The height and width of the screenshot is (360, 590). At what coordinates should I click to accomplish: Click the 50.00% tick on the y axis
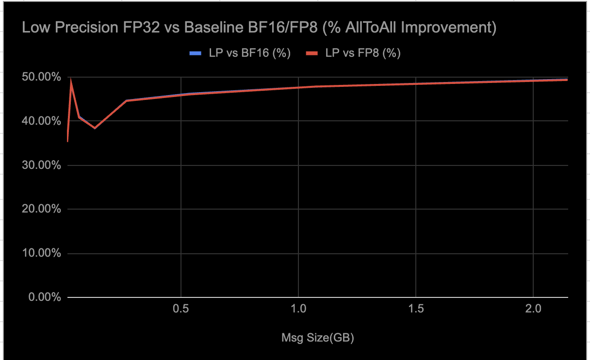(42, 77)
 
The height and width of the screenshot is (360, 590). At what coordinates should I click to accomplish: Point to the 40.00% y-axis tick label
(42, 121)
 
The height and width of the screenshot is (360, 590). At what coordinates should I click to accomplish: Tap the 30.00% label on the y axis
(42, 165)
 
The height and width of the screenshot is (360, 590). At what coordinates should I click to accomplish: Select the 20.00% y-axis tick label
(42, 209)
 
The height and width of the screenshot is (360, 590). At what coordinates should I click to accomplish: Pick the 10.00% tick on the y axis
(42, 253)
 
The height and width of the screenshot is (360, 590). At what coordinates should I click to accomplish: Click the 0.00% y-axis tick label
(44, 297)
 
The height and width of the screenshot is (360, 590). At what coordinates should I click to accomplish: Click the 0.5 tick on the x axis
(180, 309)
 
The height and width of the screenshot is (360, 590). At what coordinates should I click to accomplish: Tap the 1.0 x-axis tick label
(298, 309)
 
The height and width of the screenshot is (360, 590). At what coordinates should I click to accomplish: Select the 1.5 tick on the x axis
(416, 309)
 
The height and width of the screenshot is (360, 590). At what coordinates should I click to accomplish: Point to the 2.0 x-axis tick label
(533, 309)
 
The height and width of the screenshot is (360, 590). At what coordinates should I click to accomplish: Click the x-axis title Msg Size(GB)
(318, 338)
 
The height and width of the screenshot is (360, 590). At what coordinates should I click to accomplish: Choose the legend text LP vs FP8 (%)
(363, 53)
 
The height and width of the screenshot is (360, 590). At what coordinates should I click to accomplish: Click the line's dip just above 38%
(95, 128)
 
